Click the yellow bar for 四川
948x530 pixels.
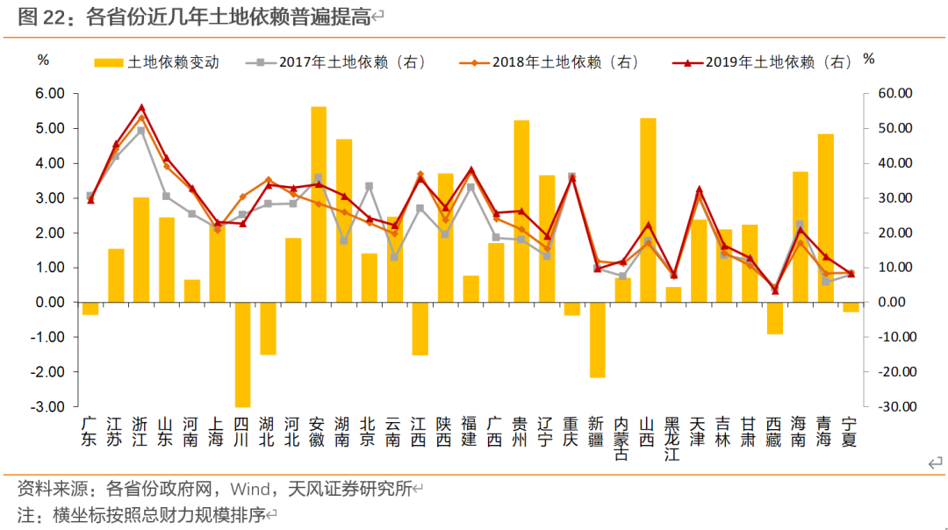(x=242, y=355)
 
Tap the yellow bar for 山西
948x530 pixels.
(x=648, y=210)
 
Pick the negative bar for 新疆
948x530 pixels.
(x=597, y=340)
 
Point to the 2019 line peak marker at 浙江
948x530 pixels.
(x=141, y=108)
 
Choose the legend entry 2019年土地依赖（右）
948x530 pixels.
(x=764, y=62)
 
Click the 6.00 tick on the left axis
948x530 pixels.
(x=51, y=93)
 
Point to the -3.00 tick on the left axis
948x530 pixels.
(x=49, y=406)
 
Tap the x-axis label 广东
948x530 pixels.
(x=90, y=430)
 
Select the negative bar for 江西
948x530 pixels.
(x=420, y=329)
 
